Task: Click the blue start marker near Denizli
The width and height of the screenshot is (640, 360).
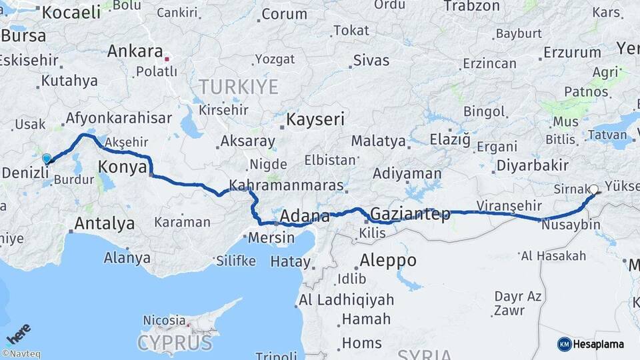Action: pos(46,159)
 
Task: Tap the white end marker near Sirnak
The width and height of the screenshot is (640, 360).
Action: pos(593,189)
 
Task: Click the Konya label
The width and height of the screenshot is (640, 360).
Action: pos(122,167)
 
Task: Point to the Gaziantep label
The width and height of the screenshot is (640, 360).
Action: pos(409,214)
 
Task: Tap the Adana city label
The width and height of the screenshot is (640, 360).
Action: pos(305,216)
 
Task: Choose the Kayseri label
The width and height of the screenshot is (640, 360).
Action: pos(315,120)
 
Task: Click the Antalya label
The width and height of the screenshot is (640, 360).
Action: pos(104,223)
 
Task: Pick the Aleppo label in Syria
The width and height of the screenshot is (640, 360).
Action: pos(387,261)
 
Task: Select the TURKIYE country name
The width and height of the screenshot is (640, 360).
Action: pos(237,86)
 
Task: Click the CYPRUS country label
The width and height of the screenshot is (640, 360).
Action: pos(175,343)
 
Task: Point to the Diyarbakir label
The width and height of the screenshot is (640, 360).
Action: pos(531,165)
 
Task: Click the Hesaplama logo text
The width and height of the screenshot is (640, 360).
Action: pos(600,343)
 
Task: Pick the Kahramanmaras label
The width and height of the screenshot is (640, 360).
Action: pos(286,185)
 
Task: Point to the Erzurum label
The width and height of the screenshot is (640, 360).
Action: pos(572,52)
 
